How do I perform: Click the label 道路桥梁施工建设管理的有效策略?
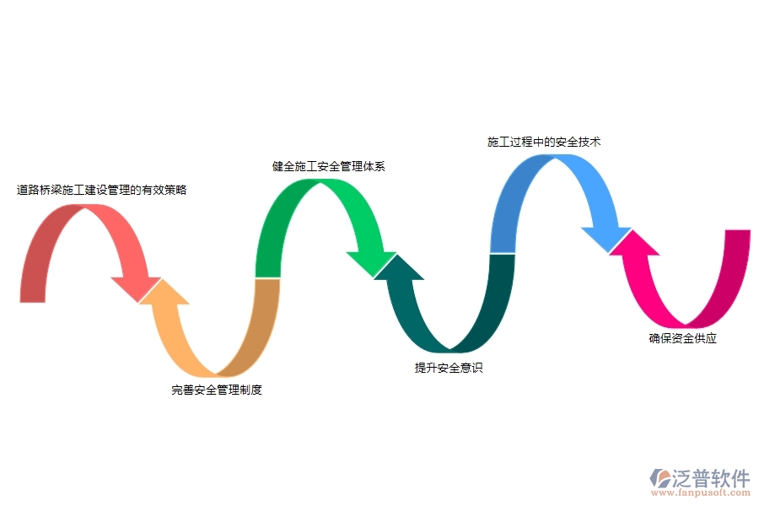102,191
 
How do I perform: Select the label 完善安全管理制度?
217,390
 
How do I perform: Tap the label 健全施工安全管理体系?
329,166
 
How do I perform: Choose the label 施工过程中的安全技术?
544,142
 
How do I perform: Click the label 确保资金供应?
683,339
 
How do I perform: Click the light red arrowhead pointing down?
135,288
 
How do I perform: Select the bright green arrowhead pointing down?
371,262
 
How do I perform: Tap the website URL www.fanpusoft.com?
701,494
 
